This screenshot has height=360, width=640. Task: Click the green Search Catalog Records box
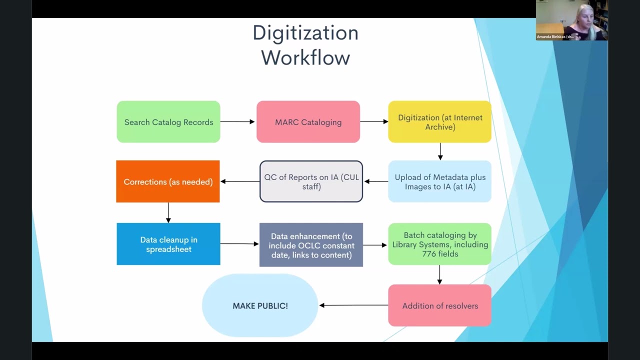(x=168, y=122)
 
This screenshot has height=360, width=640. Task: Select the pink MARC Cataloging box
(x=308, y=122)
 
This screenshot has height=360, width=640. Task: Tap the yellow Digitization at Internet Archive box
(x=440, y=122)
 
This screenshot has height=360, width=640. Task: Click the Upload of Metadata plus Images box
(x=440, y=181)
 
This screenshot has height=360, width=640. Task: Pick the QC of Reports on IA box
(x=311, y=181)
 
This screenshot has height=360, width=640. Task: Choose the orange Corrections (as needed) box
(x=168, y=181)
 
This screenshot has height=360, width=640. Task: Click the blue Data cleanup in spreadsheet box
(x=168, y=244)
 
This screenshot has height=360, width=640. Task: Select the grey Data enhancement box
(x=311, y=245)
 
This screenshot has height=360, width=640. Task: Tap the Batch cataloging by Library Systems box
(x=440, y=244)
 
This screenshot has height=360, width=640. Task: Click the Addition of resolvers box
(x=440, y=305)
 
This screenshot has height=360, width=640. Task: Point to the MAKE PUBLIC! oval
(x=260, y=305)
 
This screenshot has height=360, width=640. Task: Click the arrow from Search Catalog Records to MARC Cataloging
(x=238, y=121)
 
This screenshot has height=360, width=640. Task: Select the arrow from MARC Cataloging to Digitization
(x=374, y=121)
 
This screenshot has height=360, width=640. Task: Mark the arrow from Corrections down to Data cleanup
(x=168, y=212)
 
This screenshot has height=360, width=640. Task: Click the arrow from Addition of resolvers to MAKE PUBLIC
(x=353, y=305)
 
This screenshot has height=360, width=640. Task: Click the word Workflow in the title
(x=305, y=57)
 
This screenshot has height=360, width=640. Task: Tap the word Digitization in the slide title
(x=305, y=33)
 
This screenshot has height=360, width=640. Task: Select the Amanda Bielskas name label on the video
(x=555, y=36)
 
